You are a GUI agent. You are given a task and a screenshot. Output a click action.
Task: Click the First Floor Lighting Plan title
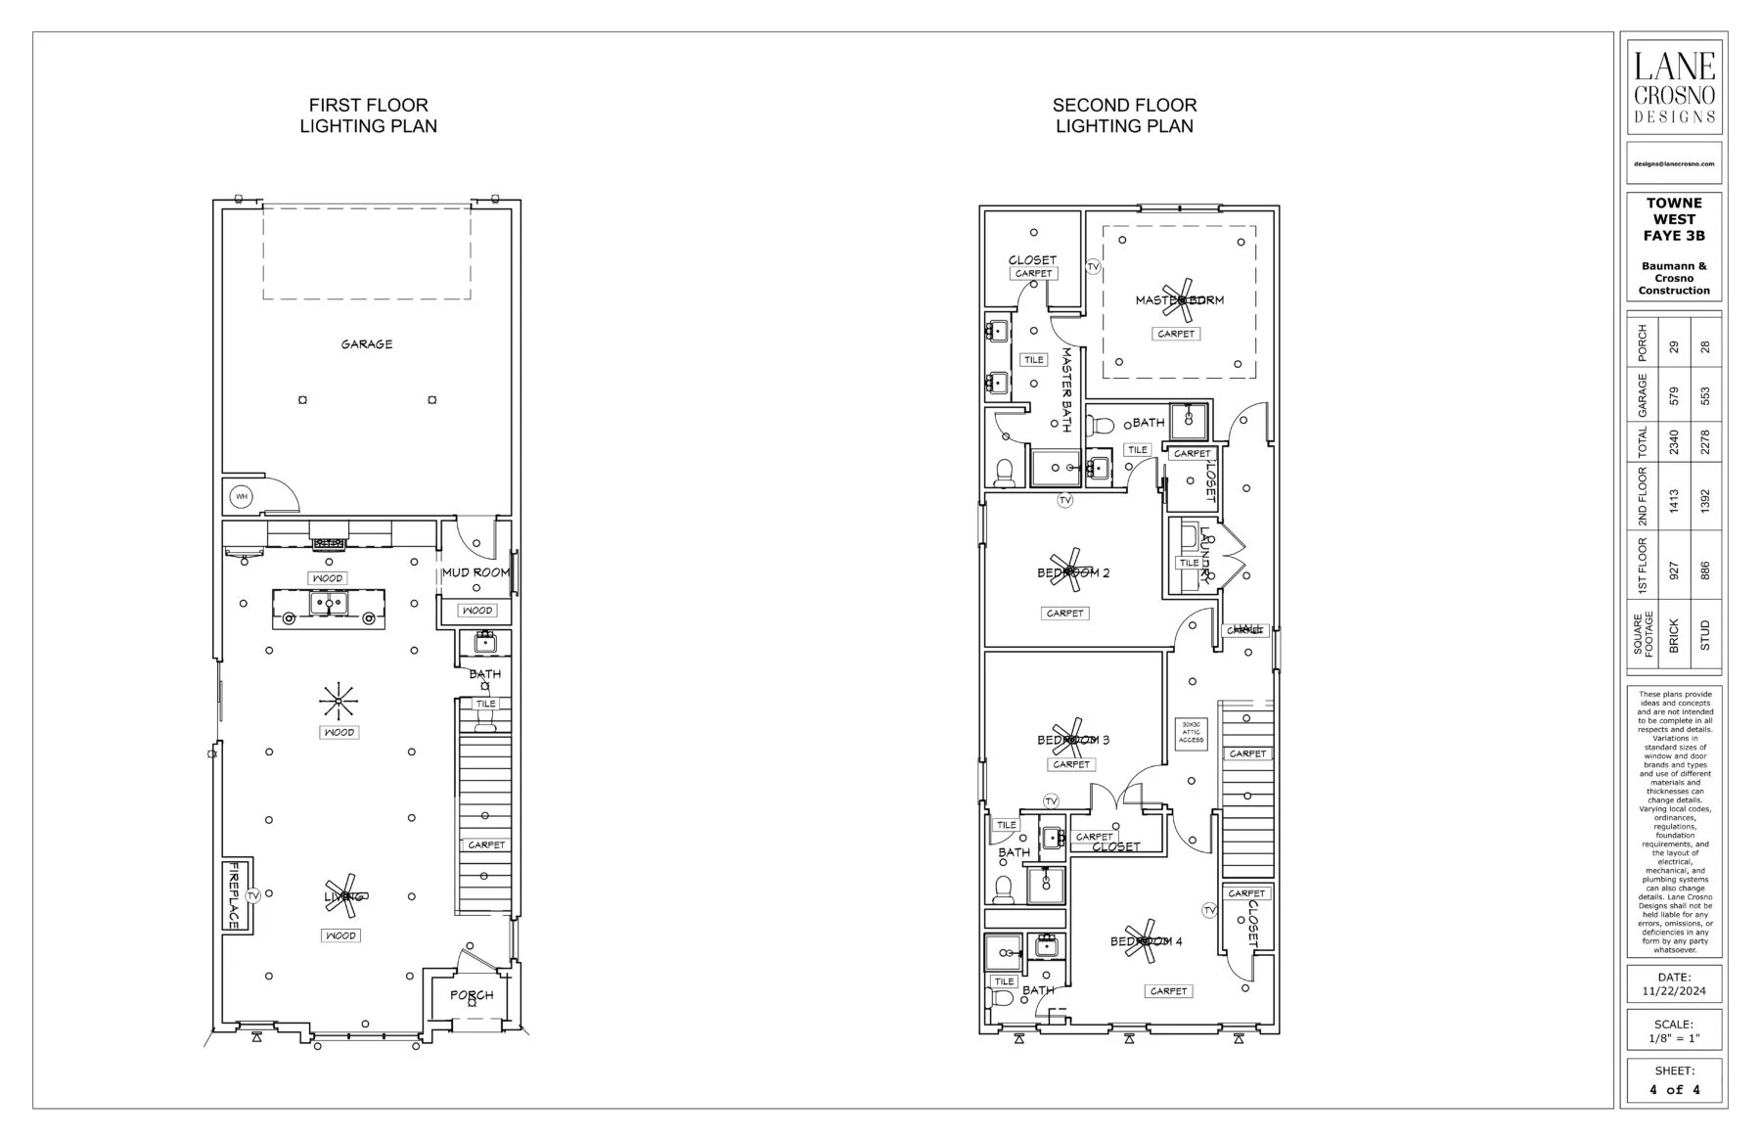point(368,115)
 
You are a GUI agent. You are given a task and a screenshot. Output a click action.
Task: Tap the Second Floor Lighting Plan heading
point(1124,115)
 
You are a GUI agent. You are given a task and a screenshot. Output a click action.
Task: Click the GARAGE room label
point(367,344)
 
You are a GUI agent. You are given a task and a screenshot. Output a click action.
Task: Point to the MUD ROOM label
point(475,572)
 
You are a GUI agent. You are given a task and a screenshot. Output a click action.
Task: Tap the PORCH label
point(472,995)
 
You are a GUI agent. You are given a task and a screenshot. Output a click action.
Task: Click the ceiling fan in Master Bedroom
point(1182,300)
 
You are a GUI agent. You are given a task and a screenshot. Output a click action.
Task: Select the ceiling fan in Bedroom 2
point(1070,571)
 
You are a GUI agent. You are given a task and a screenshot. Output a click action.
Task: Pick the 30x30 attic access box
point(1191,734)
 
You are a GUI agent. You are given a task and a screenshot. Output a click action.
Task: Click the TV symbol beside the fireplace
point(253,895)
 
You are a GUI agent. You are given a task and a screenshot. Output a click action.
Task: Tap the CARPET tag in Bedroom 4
point(1168,991)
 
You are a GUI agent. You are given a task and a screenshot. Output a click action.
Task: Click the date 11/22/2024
point(1674,991)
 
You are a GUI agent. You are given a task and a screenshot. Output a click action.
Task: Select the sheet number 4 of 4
point(1674,1089)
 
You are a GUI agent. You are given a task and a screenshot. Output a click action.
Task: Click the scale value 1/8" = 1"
point(1674,1039)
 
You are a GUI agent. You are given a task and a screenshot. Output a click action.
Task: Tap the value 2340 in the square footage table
point(1674,442)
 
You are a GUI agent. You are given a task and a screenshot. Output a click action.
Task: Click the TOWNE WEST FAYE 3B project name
point(1674,219)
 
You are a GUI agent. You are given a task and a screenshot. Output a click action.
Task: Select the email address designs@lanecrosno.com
point(1674,164)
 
